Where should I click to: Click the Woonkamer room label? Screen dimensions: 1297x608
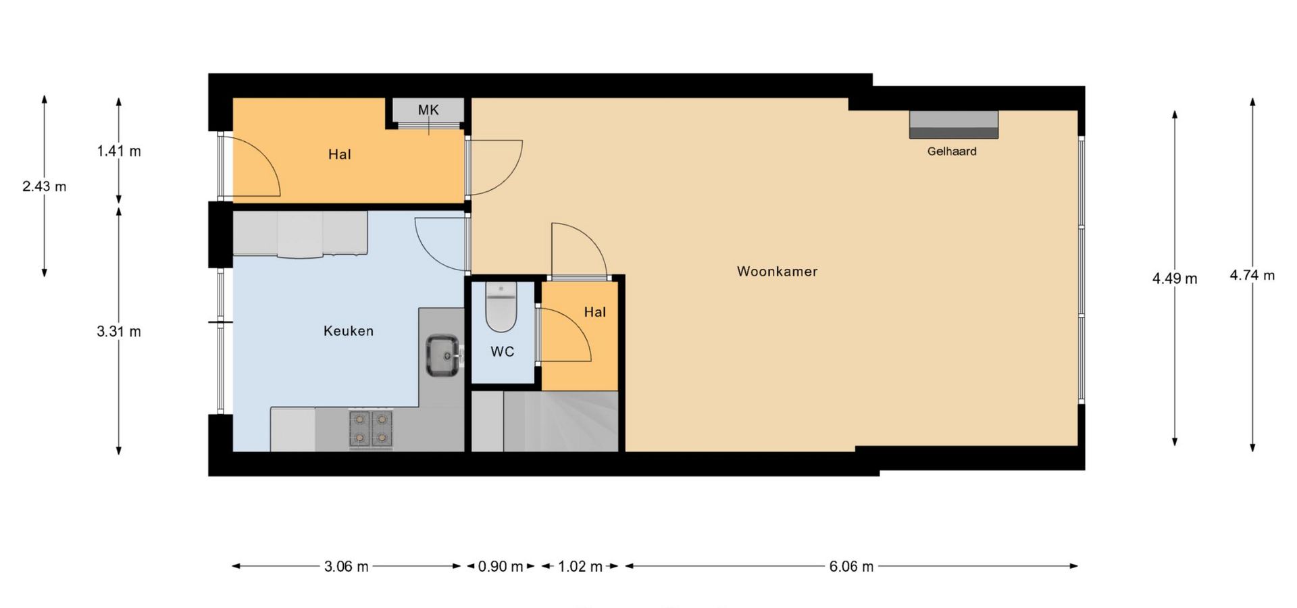(777, 272)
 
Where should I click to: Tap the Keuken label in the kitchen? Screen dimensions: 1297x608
(349, 331)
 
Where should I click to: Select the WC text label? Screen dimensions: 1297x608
(502, 352)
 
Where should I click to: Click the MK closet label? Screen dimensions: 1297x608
(428, 110)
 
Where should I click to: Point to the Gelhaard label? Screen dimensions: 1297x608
(952, 151)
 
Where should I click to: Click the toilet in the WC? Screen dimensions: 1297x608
(501, 307)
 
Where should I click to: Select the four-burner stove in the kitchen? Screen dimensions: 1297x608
(371, 429)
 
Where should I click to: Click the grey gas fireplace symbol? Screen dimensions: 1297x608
(953, 124)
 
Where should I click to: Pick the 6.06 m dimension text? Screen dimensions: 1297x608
(851, 567)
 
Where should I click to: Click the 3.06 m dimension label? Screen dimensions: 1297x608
(347, 567)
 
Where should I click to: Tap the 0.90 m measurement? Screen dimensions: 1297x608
(501, 567)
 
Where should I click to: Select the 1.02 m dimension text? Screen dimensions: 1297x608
(580, 567)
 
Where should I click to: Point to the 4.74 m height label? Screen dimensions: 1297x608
(1252, 276)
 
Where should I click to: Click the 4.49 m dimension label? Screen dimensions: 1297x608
(1175, 278)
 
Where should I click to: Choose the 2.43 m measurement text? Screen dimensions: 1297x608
(45, 186)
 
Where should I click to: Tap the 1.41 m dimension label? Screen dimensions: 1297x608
(119, 151)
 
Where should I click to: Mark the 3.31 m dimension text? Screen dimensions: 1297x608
(119, 332)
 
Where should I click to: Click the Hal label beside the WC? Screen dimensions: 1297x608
(595, 312)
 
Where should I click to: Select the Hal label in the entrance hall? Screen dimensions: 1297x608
(340, 155)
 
